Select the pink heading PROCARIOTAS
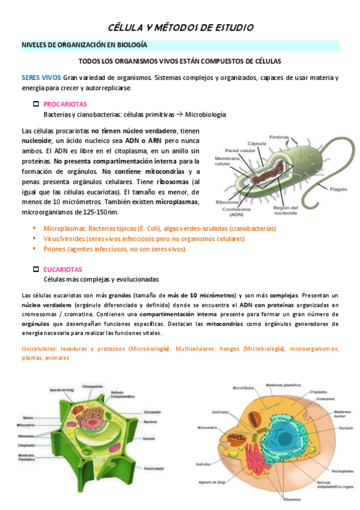[x=66, y=104]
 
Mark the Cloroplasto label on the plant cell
[x=151, y=413]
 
